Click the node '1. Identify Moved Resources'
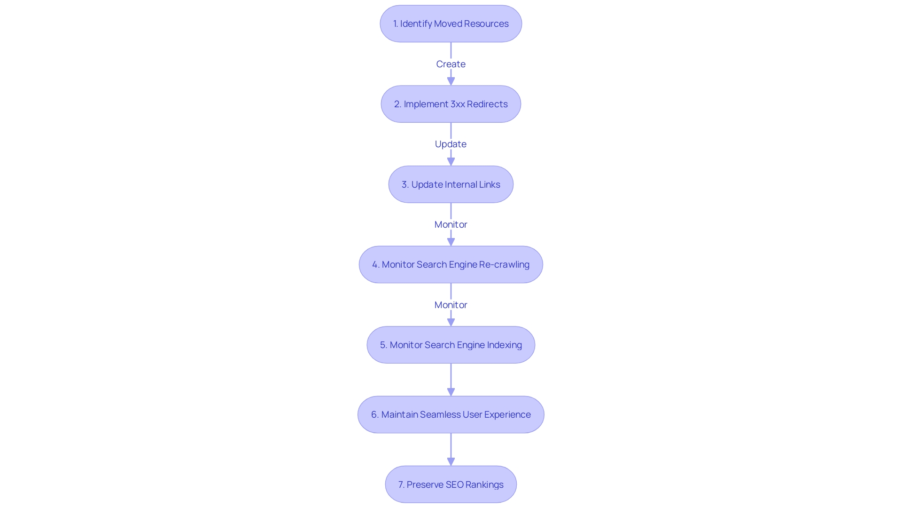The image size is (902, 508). [451, 24]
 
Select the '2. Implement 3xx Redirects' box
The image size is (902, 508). [451, 104]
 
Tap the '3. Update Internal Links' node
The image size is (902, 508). [451, 184]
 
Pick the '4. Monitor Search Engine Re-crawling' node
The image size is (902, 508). [451, 264]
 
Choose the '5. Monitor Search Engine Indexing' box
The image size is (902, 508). [451, 345]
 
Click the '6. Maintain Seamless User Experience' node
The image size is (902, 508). [451, 414]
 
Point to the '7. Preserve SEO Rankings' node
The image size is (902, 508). [451, 484]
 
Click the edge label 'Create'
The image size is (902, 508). [451, 64]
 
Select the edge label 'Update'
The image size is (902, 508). [451, 144]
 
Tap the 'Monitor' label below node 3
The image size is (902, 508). [451, 224]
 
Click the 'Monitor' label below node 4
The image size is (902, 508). [451, 305]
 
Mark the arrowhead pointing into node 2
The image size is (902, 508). [451, 81]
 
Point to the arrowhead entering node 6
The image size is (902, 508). [451, 392]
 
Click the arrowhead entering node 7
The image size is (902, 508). [451, 462]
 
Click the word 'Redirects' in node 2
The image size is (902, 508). [487, 104]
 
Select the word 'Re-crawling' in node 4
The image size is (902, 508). [504, 264]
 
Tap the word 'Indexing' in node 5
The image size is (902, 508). [504, 345]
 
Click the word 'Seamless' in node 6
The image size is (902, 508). [440, 414]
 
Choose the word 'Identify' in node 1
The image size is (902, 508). [416, 24]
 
